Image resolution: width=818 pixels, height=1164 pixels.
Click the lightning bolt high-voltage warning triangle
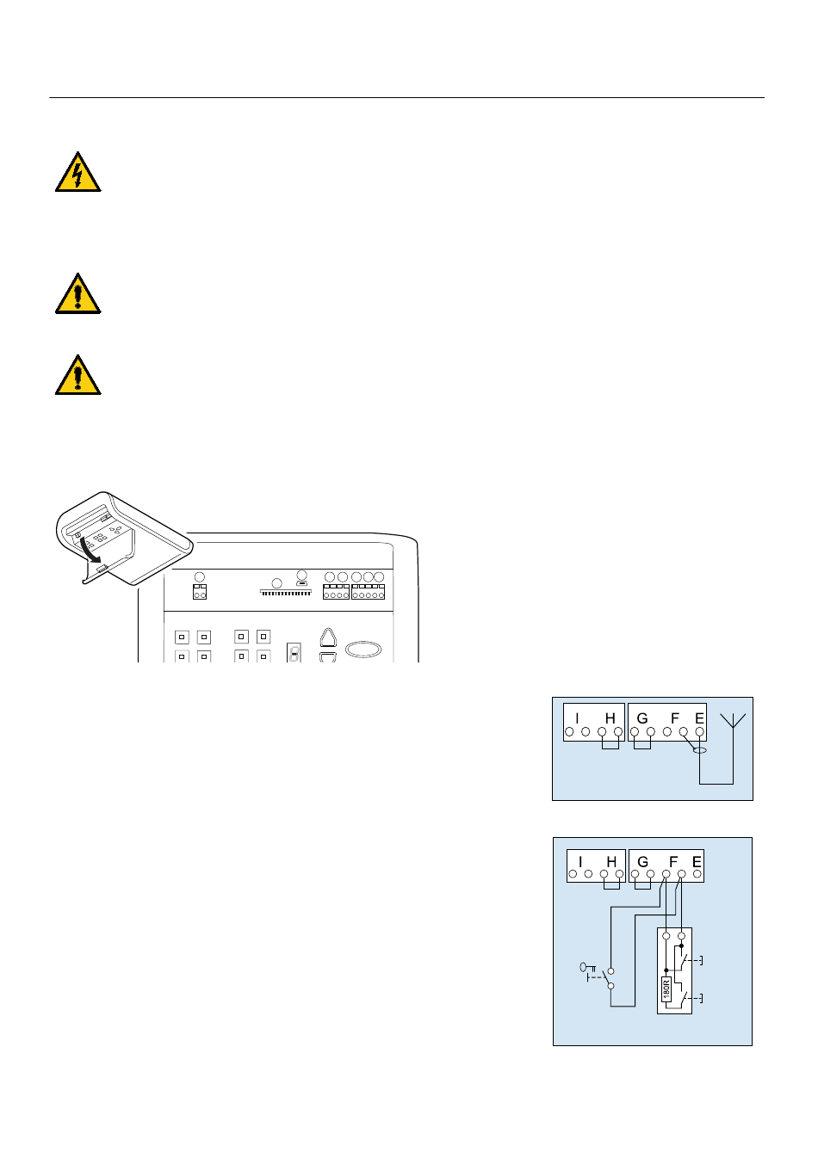(x=78, y=172)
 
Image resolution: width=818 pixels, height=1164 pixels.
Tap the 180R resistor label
(x=666, y=988)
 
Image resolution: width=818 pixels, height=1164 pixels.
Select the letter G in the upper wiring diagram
(x=642, y=718)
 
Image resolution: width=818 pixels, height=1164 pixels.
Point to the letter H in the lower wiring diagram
(x=611, y=861)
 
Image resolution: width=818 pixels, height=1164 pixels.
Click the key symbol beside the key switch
(x=587, y=967)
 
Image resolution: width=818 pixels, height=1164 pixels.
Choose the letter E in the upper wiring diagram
(x=699, y=718)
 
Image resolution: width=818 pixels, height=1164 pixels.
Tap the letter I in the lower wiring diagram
(x=580, y=861)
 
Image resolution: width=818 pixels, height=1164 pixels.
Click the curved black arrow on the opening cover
(x=90, y=551)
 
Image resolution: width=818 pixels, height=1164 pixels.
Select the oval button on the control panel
(x=363, y=650)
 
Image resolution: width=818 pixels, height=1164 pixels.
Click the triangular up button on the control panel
(x=328, y=637)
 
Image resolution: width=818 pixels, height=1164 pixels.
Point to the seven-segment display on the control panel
(x=294, y=652)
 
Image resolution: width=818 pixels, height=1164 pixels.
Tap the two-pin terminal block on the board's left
(x=200, y=591)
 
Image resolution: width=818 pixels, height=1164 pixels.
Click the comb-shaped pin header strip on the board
(x=286, y=592)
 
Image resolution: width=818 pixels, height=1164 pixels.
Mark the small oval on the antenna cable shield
(x=700, y=750)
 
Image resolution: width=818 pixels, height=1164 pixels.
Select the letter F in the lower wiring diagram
(x=673, y=861)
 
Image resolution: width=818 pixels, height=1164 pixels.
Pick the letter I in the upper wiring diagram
(x=577, y=718)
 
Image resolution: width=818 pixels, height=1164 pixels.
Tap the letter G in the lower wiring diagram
(x=642, y=861)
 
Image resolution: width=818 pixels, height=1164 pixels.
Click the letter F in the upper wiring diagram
(x=675, y=718)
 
